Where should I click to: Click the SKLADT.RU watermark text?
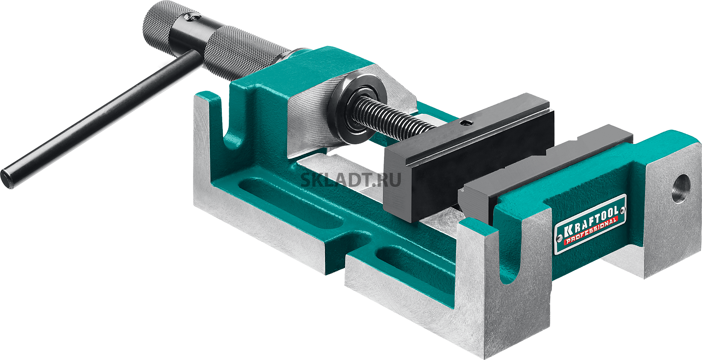(x=351, y=180)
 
